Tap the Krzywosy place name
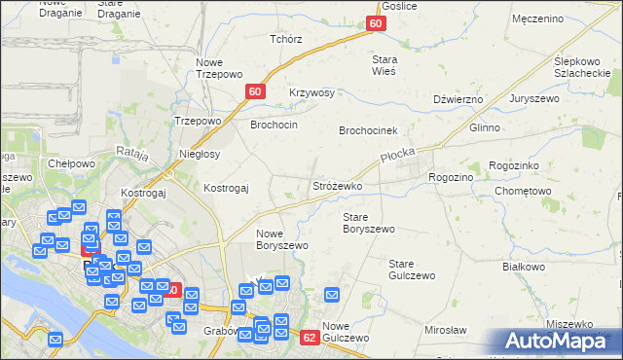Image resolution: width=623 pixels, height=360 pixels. [x=311, y=93]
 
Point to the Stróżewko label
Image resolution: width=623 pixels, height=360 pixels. [x=337, y=185]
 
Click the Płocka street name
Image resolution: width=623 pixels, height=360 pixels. [x=397, y=158]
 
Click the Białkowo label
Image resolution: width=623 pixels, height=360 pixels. [x=523, y=266]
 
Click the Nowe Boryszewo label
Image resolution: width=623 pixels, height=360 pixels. [x=282, y=239]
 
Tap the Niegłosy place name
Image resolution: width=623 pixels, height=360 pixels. [x=201, y=154]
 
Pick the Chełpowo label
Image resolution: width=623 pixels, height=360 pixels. [x=71, y=163]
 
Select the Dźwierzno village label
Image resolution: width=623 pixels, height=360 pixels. [x=458, y=99]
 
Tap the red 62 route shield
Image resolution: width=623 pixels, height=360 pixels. [x=310, y=338]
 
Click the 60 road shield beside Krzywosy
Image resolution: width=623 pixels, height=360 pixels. [x=255, y=91]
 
